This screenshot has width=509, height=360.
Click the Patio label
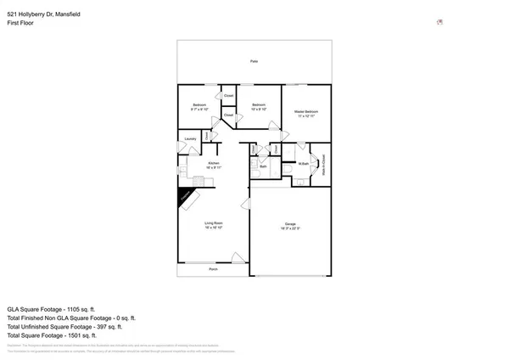tap(254, 62)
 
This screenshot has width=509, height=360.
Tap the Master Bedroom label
tap(305, 111)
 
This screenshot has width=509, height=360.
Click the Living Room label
tap(214, 223)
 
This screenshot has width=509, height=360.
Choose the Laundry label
tap(190, 139)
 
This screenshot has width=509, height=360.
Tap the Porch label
tap(213, 268)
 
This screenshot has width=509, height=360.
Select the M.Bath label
tap(303, 164)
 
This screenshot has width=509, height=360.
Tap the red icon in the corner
tap(439, 23)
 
